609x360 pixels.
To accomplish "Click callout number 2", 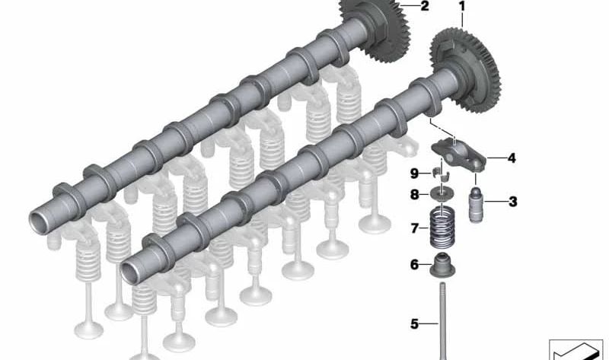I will point(424,7).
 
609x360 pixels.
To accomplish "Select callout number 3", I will point(512,202).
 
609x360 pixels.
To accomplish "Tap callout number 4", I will point(512,158).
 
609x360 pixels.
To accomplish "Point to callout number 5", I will point(415,324).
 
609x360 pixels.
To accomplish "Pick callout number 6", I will point(415,265).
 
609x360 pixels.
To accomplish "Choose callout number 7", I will point(415,228).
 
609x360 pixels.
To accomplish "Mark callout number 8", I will point(415,194).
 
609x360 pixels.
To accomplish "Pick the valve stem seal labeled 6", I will point(442,266).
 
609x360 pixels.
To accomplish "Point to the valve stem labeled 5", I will point(442,320).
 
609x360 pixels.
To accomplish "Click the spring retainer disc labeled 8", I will point(442,194).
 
